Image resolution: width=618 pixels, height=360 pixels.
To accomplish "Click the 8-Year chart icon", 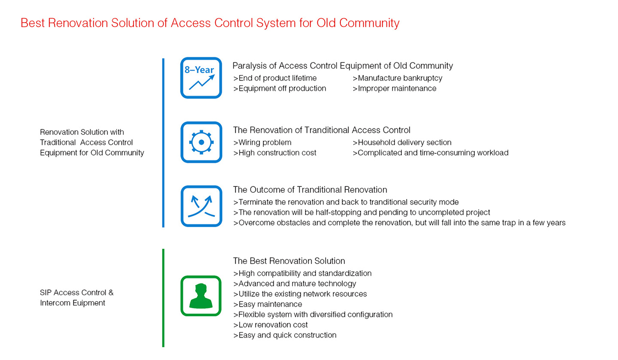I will pos(201,78).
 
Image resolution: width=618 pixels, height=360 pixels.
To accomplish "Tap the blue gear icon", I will pos(201,142).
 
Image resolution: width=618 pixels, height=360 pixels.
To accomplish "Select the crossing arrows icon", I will pos(201,206).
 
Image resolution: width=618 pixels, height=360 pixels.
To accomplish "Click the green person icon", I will pos(201,295).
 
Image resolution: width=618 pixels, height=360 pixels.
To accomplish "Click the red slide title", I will pos(210,23).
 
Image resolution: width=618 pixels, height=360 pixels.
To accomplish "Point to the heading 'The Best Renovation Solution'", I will pos(289,261).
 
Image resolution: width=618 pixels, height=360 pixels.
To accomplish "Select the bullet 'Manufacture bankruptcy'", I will pos(397,78).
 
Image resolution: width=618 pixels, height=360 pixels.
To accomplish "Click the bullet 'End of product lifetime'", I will pos(275,78).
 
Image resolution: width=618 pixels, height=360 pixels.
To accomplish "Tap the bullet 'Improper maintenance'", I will pos(394,88).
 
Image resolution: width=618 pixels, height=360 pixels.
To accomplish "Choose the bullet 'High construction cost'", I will pos(275,153).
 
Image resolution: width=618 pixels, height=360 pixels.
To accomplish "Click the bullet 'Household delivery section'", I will pos(402,142).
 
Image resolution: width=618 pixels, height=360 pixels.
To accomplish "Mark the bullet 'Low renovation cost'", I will pos(270,325).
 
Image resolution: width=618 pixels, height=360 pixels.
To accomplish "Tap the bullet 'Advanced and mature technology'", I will pos(294,283).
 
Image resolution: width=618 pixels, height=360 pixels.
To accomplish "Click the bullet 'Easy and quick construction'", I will pos(284,335).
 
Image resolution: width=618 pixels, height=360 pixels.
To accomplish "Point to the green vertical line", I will pos(163,298).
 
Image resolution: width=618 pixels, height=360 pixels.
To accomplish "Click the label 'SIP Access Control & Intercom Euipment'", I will pos(77,298).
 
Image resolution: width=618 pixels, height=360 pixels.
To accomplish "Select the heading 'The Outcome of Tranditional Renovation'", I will pos(310,190).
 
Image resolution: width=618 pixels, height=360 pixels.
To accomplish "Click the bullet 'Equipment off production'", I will pos(280,88).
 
